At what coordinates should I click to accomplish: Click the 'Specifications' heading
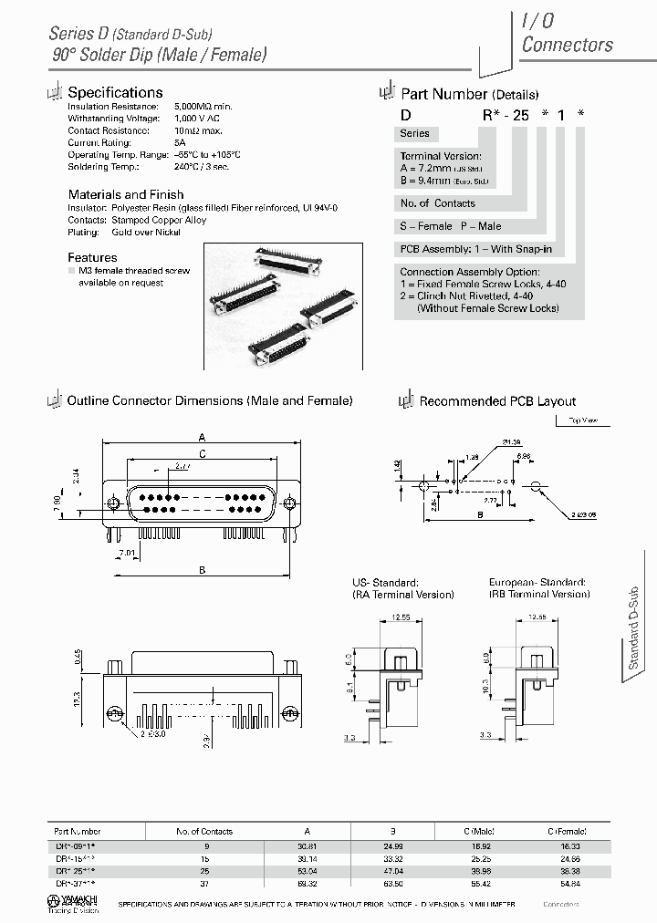click(115, 92)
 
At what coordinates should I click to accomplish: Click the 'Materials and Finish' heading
click(126, 194)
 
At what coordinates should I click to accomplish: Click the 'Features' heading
click(92, 257)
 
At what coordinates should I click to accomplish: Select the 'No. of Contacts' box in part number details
click(437, 202)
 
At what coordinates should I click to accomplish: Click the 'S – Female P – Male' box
click(451, 225)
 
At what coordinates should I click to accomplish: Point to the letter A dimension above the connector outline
click(201, 435)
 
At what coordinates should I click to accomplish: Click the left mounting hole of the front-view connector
click(113, 503)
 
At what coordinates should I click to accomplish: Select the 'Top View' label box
click(582, 420)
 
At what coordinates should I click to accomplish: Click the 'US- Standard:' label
click(385, 582)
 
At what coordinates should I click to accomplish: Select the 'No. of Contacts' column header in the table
click(204, 831)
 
